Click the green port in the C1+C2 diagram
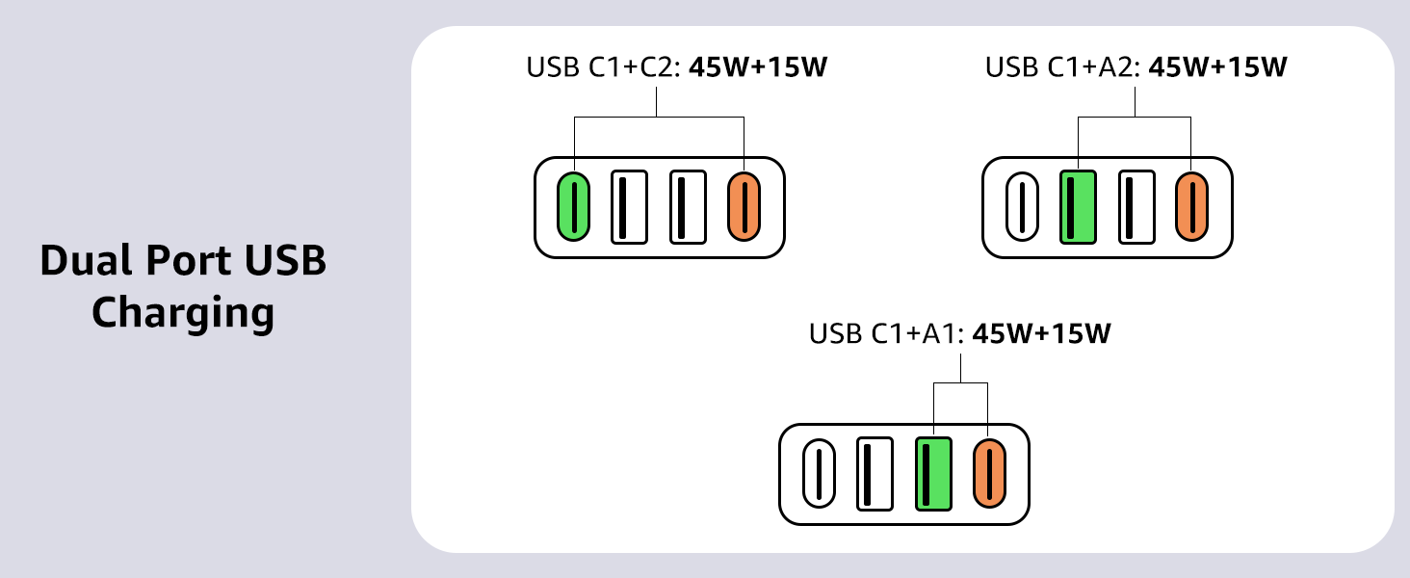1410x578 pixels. point(573,206)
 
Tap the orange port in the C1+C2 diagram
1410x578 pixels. point(744,206)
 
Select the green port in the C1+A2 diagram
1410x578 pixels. point(1079,206)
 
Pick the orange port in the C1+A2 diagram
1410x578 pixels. point(1191,206)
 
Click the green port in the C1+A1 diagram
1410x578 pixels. point(933,474)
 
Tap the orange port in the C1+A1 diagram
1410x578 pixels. point(989,474)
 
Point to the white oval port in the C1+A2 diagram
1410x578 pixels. point(1022,206)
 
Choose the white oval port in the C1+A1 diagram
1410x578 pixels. point(819,474)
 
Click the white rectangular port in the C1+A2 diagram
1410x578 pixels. point(1136,206)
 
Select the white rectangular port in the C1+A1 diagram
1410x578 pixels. point(875,474)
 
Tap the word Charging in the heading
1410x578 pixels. point(183,313)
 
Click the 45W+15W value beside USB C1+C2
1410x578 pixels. point(758,66)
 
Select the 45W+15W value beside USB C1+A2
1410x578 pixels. point(1217,66)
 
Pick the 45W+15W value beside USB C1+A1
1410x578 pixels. point(1041,333)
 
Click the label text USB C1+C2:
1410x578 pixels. point(604,66)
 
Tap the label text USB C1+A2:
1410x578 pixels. point(1063,66)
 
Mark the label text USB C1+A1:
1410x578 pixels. point(887,333)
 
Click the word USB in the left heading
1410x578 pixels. point(286,261)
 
